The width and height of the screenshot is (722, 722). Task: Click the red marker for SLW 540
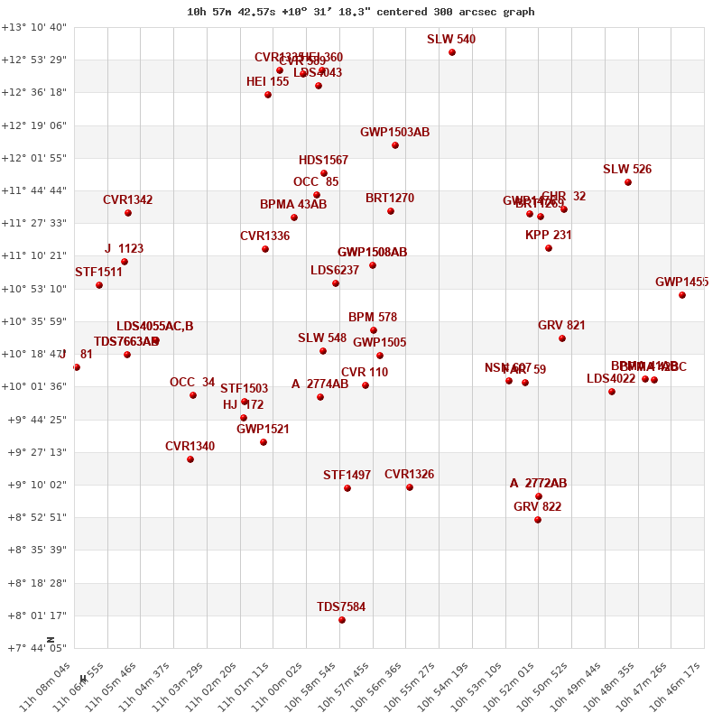coord(452,52)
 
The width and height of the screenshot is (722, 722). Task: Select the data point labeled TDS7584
coord(342,620)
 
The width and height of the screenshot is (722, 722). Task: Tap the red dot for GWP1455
coord(682,295)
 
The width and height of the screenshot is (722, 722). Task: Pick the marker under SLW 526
coord(628,182)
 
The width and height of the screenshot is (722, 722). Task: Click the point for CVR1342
coord(128,213)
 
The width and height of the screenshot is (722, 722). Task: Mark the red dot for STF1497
coord(347,488)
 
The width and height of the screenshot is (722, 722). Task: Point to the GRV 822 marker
coord(538,520)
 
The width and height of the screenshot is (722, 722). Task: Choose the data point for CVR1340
coord(190,459)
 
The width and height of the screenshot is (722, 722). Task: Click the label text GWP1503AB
coord(394,133)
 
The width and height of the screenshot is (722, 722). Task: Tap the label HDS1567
coord(323,161)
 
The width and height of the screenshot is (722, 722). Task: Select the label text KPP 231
coord(549,236)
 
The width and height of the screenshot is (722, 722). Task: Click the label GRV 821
coord(561,326)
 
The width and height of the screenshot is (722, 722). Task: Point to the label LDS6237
coord(335,271)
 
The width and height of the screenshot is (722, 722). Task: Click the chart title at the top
coord(361,12)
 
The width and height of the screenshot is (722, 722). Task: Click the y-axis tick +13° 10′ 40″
coord(34,27)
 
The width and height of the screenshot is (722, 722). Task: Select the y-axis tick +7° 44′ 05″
coord(34,648)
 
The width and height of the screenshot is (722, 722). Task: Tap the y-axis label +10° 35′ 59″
coord(34,321)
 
